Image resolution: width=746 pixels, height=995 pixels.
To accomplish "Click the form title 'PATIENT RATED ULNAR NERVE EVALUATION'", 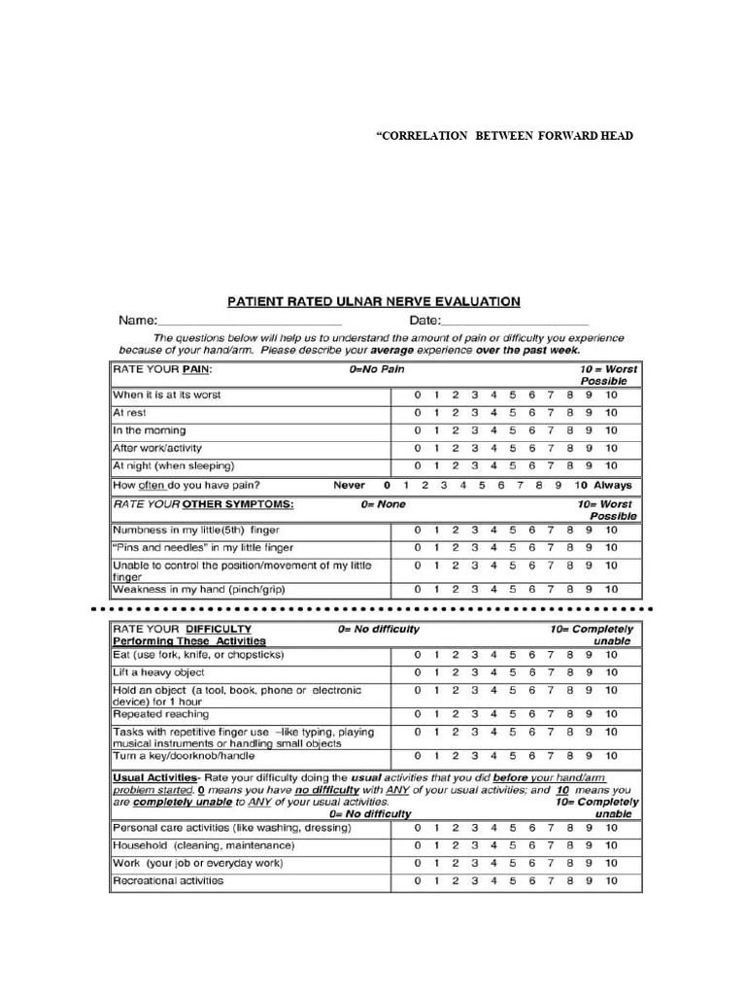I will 374,302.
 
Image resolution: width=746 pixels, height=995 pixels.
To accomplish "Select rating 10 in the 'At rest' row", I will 610,413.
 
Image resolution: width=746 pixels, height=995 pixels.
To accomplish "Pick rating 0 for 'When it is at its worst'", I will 418,395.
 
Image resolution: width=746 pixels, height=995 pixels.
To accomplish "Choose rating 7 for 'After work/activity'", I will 552,449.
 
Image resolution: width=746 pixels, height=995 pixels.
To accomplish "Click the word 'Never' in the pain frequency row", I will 350,485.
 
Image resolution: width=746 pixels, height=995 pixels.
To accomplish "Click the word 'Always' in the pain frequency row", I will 612,485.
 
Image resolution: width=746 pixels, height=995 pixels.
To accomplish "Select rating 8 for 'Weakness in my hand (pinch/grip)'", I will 570,589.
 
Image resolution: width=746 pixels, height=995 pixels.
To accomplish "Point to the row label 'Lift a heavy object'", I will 159,672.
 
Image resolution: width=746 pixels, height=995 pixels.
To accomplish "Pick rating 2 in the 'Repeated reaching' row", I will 456,714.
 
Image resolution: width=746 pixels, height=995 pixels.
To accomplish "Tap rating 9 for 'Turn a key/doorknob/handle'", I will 590,755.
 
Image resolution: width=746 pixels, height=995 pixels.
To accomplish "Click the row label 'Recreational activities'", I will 168,881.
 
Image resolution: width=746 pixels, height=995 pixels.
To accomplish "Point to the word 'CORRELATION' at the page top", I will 420,136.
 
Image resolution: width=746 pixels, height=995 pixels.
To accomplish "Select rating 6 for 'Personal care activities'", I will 532,828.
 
